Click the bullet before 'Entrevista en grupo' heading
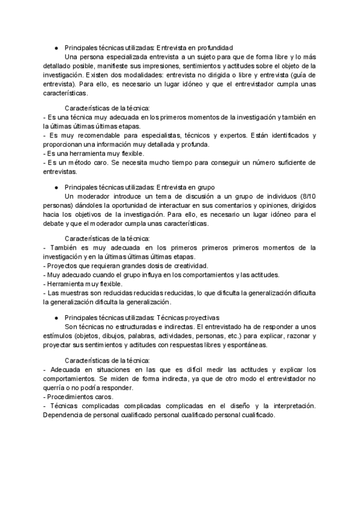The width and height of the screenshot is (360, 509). point(56,187)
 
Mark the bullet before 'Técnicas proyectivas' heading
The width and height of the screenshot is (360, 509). point(56,317)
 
